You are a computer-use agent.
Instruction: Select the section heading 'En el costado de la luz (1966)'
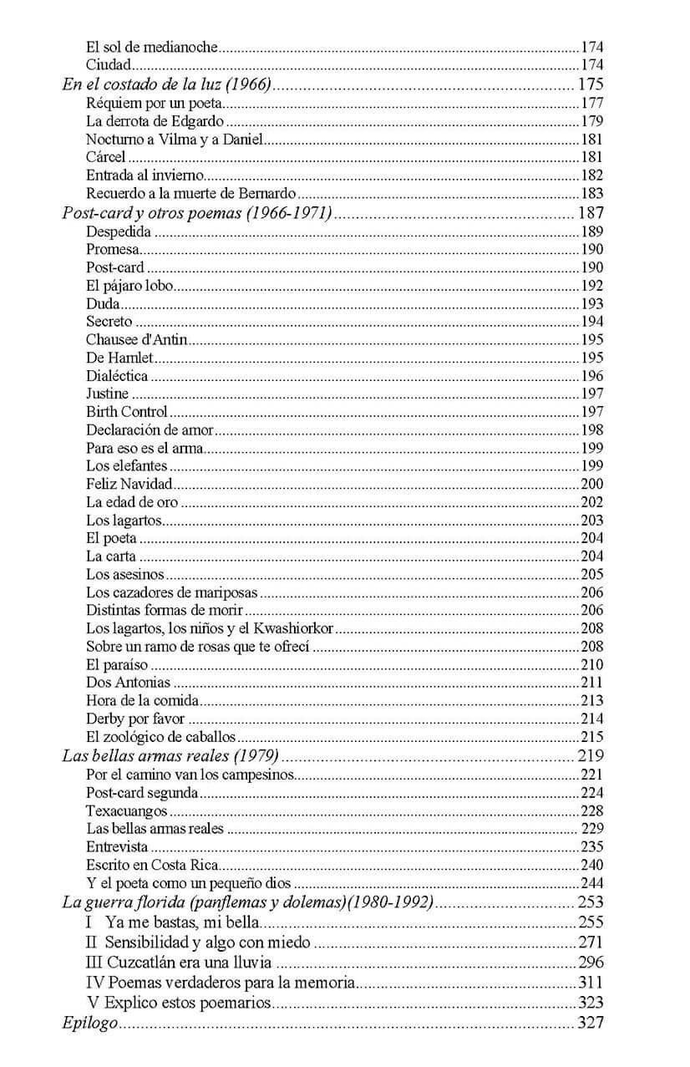tap(170, 84)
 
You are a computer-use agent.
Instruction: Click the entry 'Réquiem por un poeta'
tap(155, 103)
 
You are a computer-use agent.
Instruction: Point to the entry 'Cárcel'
tap(105, 157)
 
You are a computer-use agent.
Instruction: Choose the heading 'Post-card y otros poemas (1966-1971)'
tap(197, 212)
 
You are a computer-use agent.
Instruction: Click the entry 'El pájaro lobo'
tap(129, 286)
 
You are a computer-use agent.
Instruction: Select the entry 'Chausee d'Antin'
tap(137, 339)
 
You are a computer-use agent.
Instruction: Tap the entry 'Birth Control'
tap(126, 411)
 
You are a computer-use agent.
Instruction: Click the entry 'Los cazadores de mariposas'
tap(171, 592)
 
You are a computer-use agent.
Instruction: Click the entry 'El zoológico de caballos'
tap(160, 737)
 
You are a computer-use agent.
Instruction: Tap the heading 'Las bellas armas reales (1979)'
tap(170, 756)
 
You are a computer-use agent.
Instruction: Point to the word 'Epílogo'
tap(89, 1023)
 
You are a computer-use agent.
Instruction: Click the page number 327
tap(590, 1023)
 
